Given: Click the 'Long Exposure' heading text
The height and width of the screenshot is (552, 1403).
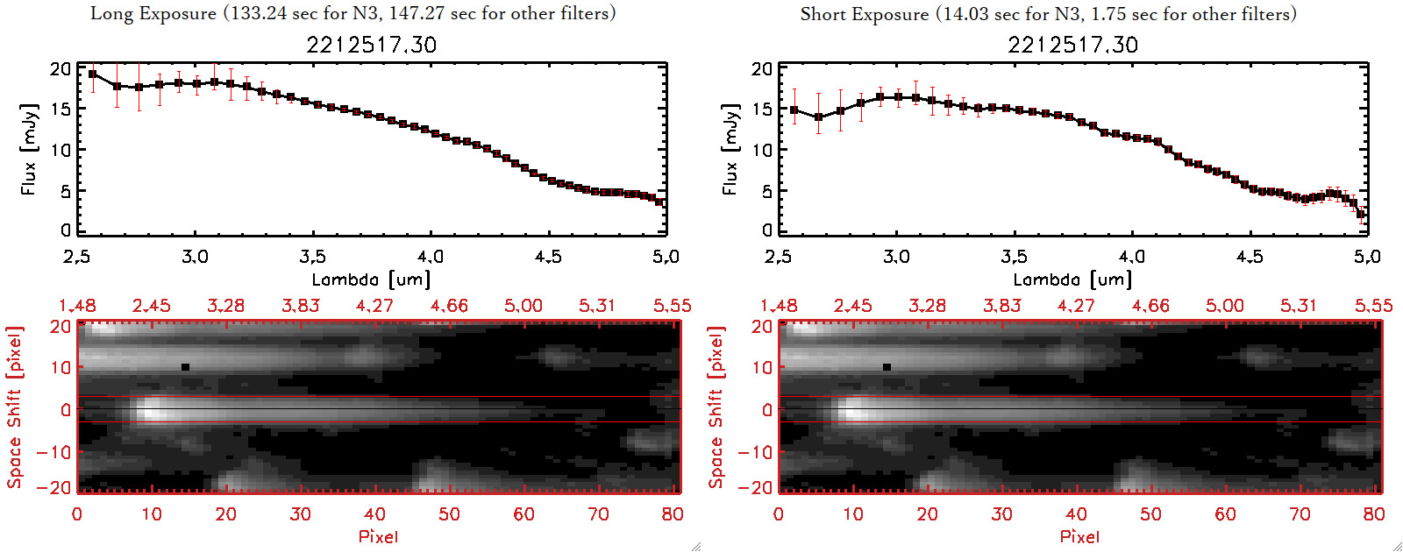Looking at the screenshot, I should [x=153, y=13].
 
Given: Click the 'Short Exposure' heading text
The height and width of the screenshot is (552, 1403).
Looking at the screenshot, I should [x=864, y=14].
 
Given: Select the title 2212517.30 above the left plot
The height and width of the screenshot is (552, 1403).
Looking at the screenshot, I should [x=371, y=45].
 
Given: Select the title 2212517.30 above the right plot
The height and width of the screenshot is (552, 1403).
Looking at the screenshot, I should [x=1072, y=45].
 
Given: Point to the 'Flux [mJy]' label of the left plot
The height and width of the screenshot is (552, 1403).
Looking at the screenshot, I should [x=29, y=149].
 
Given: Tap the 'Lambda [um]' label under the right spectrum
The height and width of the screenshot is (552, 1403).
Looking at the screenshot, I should [x=1072, y=280].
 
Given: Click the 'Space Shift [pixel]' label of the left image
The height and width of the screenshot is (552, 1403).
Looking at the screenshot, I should [x=14, y=407].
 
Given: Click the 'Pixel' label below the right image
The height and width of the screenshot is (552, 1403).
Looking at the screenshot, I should [x=1079, y=536].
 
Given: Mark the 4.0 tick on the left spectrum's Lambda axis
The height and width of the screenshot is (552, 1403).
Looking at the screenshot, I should [x=430, y=257].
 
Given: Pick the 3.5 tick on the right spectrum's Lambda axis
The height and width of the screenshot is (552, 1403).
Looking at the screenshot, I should [x=1014, y=257].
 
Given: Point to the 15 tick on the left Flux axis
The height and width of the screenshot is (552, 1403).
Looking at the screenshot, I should [x=61, y=109].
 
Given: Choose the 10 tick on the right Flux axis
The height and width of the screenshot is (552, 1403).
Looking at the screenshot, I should [x=762, y=150].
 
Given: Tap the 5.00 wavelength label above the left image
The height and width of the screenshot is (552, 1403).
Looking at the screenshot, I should [x=523, y=306].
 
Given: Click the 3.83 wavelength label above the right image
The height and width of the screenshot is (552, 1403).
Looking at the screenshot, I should [x=1001, y=306].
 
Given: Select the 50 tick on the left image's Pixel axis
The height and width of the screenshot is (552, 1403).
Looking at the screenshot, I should [x=449, y=514].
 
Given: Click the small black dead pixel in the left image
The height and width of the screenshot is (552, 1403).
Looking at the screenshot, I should [x=185, y=367].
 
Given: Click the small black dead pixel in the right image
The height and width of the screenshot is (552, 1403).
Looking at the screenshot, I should [x=887, y=367].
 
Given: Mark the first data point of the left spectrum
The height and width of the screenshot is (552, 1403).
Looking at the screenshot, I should [x=93, y=74].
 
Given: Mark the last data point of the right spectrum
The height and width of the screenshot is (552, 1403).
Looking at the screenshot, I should [x=1361, y=214].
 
